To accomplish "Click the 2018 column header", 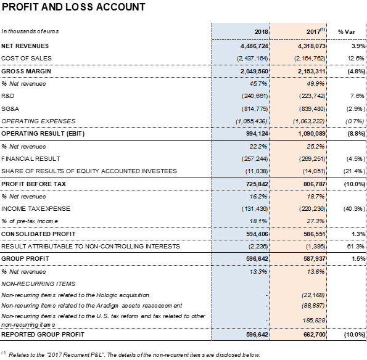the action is pyautogui.click(x=261, y=31).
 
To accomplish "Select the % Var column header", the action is pyautogui.click(x=347, y=32).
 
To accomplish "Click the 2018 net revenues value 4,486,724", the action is pyautogui.click(x=254, y=46).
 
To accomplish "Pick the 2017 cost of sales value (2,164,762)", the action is pyautogui.click(x=310, y=59).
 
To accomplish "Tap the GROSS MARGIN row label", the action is pyautogui.click(x=26, y=72).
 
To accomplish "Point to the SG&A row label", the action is pyautogui.click(x=10, y=108).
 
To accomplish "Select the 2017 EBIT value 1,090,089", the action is pyautogui.click(x=311, y=134).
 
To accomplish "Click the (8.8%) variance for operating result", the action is pyautogui.click(x=357, y=134).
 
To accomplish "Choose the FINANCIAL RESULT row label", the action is pyautogui.click(x=31, y=159).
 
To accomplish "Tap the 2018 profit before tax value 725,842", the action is pyautogui.click(x=257, y=184).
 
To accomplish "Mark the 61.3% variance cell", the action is pyautogui.click(x=356, y=247).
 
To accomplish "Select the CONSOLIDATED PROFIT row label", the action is pyautogui.click(x=38, y=234).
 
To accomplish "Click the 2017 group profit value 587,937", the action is pyautogui.click(x=315, y=259).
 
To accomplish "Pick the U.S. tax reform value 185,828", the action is pyautogui.click(x=314, y=320).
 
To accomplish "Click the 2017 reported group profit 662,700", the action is pyautogui.click(x=315, y=335).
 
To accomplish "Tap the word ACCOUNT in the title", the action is pyautogui.click(x=121, y=7).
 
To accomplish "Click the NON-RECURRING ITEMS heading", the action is pyautogui.click(x=38, y=284).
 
